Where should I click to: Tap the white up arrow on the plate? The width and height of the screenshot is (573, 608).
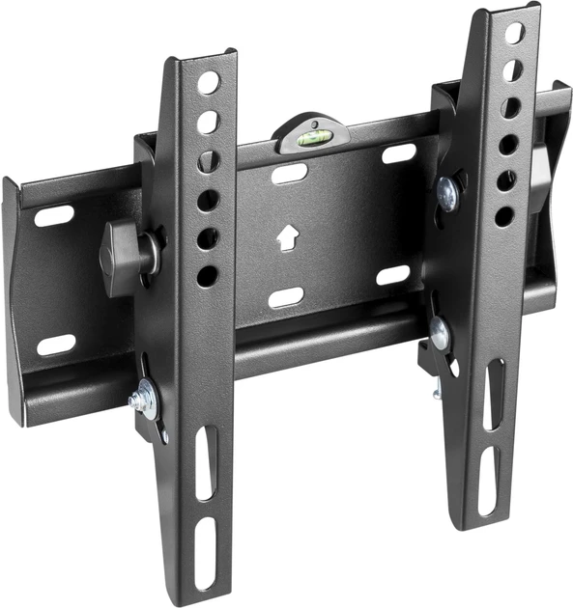286,236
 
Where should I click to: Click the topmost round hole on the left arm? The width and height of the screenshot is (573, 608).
208,83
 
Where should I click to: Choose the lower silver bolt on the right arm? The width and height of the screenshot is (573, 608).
441,335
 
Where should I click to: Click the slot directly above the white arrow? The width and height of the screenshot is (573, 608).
290,175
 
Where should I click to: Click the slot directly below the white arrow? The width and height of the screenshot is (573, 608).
287,297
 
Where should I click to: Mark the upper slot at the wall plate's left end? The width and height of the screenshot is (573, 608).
55,215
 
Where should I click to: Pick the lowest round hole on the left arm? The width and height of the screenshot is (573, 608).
207,275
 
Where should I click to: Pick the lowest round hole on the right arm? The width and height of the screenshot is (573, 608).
503,215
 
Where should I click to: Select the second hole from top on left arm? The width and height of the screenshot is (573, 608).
208,123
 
